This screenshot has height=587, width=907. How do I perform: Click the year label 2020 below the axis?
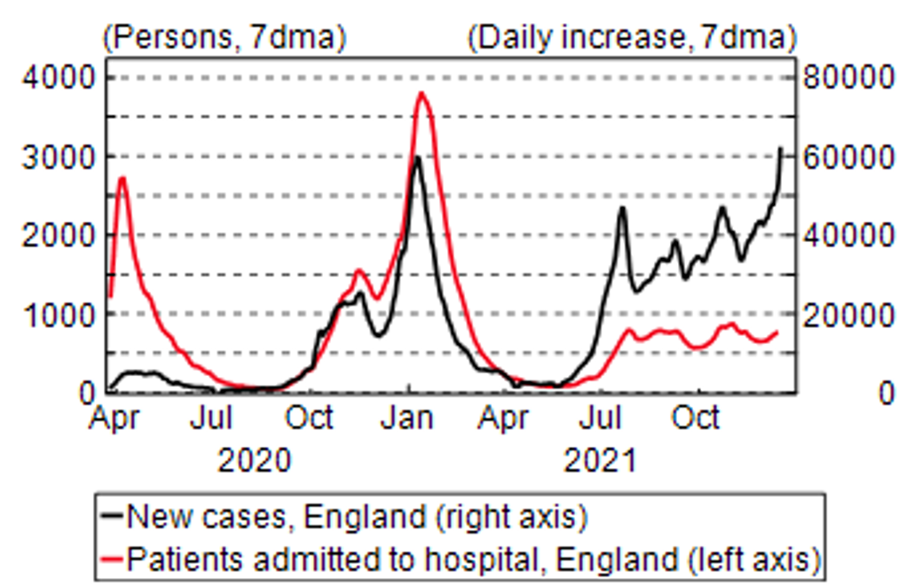pyautogui.click(x=255, y=461)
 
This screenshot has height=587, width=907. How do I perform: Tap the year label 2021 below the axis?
pyautogui.click(x=601, y=461)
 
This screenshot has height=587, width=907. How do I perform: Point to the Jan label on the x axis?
pyautogui.click(x=409, y=418)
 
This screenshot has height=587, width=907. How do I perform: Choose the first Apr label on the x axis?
pyautogui.click(x=114, y=418)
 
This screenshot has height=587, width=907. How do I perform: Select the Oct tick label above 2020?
pyautogui.click(x=310, y=418)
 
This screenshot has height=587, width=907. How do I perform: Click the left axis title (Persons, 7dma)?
pyautogui.click(x=225, y=38)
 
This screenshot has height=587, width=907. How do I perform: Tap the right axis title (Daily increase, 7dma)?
pyautogui.click(x=631, y=38)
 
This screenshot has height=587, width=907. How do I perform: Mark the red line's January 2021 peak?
pyautogui.click(x=422, y=92)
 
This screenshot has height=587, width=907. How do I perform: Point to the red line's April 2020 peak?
pyautogui.click(x=122, y=177)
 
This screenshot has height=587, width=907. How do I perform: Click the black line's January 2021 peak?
pyautogui.click(x=416, y=157)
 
